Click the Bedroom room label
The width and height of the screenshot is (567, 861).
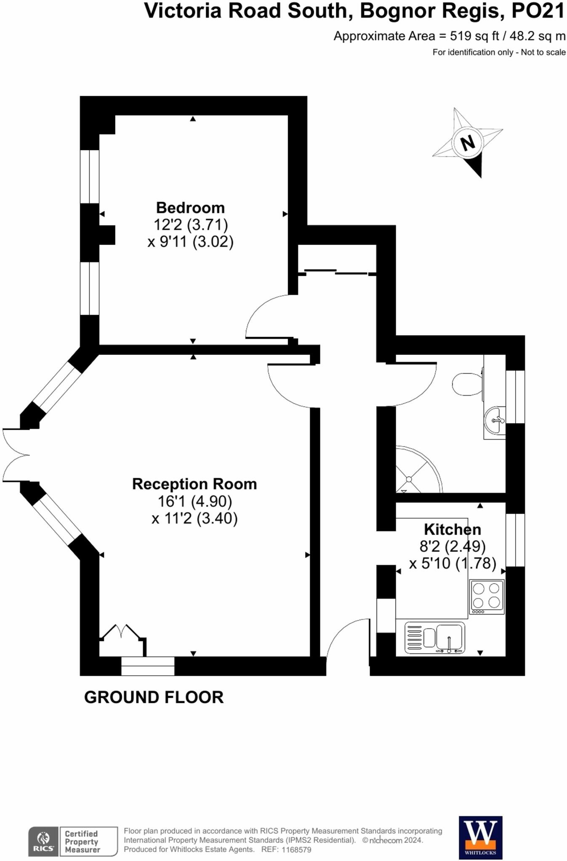[190, 208]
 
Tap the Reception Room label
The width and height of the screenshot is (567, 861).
[194, 484]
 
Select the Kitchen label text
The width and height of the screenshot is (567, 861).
[452, 529]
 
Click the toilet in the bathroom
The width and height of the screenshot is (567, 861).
[467, 384]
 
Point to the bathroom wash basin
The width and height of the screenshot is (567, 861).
[495, 420]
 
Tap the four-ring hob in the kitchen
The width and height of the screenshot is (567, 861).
[487, 596]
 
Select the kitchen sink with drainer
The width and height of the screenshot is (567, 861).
[435, 638]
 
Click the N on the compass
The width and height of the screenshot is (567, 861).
[467, 143]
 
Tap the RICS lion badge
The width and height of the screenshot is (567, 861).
[43, 841]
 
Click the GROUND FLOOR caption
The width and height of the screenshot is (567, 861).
[154, 697]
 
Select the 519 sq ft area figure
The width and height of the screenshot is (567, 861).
[474, 36]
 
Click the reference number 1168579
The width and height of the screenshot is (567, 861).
[297, 849]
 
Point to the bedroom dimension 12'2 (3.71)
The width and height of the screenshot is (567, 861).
[190, 224]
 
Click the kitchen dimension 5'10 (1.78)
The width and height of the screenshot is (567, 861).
[453, 563]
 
